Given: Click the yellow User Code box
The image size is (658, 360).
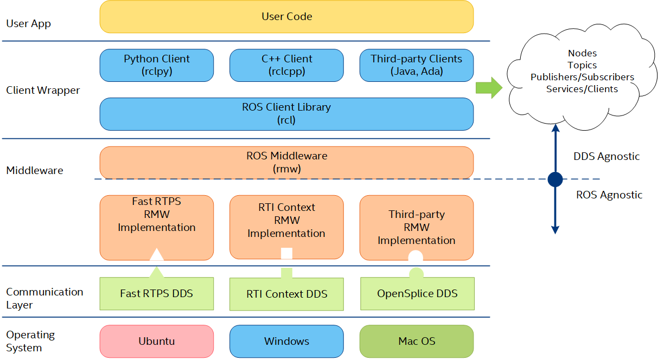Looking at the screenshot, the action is [286, 17].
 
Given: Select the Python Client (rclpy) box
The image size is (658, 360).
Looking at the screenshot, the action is [157, 65].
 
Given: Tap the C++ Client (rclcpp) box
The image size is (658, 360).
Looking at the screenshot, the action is [286, 65].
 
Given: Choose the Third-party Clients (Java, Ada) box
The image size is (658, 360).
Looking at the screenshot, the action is [417, 65].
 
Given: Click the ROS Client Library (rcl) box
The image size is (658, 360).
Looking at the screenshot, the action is [286, 114].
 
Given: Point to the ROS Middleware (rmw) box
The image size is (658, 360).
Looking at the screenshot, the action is [286, 163].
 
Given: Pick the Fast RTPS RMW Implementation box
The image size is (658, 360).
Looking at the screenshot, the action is [157, 228].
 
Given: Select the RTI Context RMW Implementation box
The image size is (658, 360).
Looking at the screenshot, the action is [286, 227].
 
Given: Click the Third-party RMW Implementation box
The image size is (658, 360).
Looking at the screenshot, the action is [417, 228].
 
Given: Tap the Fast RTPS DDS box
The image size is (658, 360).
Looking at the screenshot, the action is [157, 293].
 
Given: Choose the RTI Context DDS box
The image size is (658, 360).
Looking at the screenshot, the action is [286, 294].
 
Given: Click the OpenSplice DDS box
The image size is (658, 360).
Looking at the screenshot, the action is [417, 293].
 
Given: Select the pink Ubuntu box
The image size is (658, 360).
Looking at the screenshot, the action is [157, 341].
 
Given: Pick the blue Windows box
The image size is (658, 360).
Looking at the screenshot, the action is [286, 341].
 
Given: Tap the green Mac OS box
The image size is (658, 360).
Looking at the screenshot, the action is [417, 341].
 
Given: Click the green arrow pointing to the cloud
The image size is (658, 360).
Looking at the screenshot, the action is [489, 88].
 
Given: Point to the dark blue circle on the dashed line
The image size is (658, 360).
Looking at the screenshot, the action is [555, 179].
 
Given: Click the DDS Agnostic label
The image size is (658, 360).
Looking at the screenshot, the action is [606, 157].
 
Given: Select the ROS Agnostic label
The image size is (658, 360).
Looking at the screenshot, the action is [609, 195].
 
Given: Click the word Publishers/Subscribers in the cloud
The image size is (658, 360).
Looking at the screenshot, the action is [582, 77].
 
